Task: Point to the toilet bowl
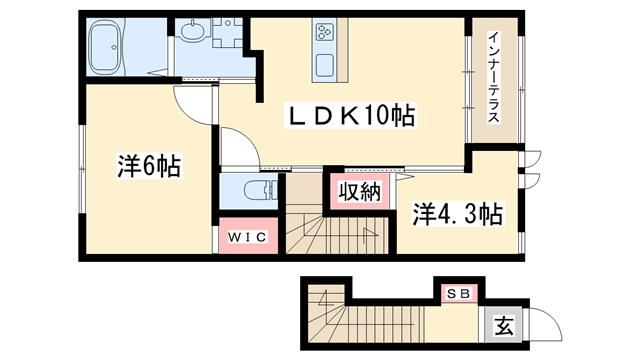[257, 190]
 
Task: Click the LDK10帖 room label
[352, 115]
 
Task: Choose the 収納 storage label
[358, 192]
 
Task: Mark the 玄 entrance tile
[504, 323]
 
